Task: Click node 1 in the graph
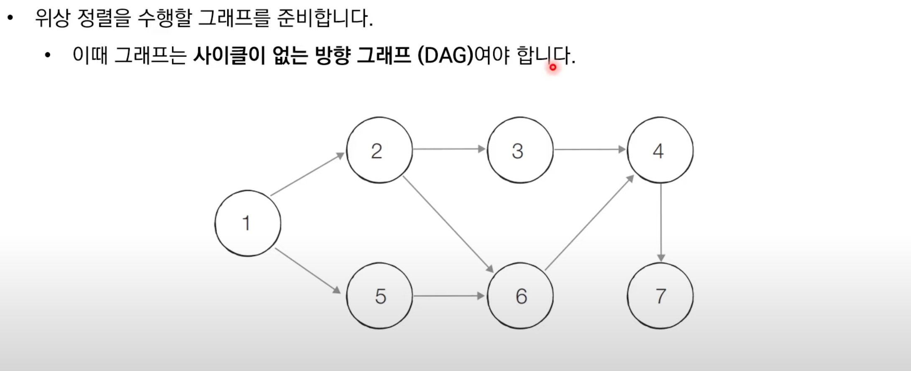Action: click(248, 223)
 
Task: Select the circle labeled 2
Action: click(379, 150)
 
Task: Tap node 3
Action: click(520, 150)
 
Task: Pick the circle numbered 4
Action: click(660, 150)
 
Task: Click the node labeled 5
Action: click(379, 296)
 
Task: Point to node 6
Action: click(520, 296)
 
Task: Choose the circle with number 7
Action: click(660, 296)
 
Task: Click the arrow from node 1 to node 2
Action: click(307, 174)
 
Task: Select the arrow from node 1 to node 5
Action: click(307, 270)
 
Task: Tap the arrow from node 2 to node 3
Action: click(448, 149)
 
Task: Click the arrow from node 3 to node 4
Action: click(589, 149)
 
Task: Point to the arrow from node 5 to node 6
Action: click(448, 296)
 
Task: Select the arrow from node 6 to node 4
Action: click(589, 223)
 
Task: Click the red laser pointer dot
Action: click(553, 67)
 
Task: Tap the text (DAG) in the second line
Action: click(445, 56)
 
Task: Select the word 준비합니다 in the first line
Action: click(325, 18)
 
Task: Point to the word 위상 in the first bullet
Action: click(52, 18)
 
